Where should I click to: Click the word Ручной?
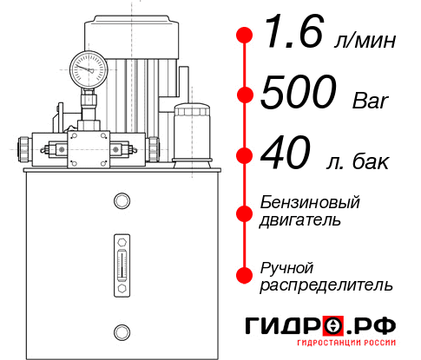tap(287, 266)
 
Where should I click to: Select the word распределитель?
tap(327, 285)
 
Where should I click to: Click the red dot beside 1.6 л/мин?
tap(245, 36)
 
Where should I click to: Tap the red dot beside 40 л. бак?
tap(245, 156)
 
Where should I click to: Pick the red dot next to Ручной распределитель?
tap(245, 275)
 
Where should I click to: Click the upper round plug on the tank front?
tap(121, 201)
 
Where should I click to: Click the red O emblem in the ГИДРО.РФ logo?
tap(333, 326)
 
